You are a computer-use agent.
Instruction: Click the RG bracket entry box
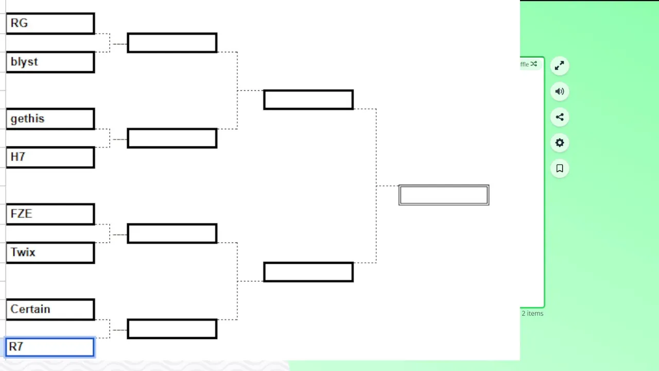pos(50,23)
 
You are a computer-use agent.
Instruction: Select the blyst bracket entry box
pos(50,62)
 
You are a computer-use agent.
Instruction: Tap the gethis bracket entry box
pos(50,119)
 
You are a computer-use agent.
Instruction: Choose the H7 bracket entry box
pos(50,157)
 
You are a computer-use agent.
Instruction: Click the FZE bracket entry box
pos(50,214)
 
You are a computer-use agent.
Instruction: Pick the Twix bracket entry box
pos(50,252)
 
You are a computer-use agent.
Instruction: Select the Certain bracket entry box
pos(50,309)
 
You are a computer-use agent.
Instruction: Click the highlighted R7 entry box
pos(50,347)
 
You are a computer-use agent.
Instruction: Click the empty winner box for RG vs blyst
pos(172,43)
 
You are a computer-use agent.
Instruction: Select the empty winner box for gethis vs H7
pos(172,138)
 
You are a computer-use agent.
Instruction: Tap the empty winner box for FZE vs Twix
pos(172,233)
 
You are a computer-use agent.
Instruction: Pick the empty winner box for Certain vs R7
pos(172,329)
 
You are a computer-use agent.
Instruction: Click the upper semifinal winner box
pos(308,99)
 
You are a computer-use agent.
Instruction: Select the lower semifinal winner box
pos(308,272)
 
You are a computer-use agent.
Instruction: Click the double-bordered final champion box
pos(444,195)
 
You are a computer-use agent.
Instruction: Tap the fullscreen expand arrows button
pos(560,65)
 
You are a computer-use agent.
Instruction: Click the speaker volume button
pos(560,92)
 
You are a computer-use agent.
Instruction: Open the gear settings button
pos(560,143)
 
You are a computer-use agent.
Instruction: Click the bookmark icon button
pos(560,168)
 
